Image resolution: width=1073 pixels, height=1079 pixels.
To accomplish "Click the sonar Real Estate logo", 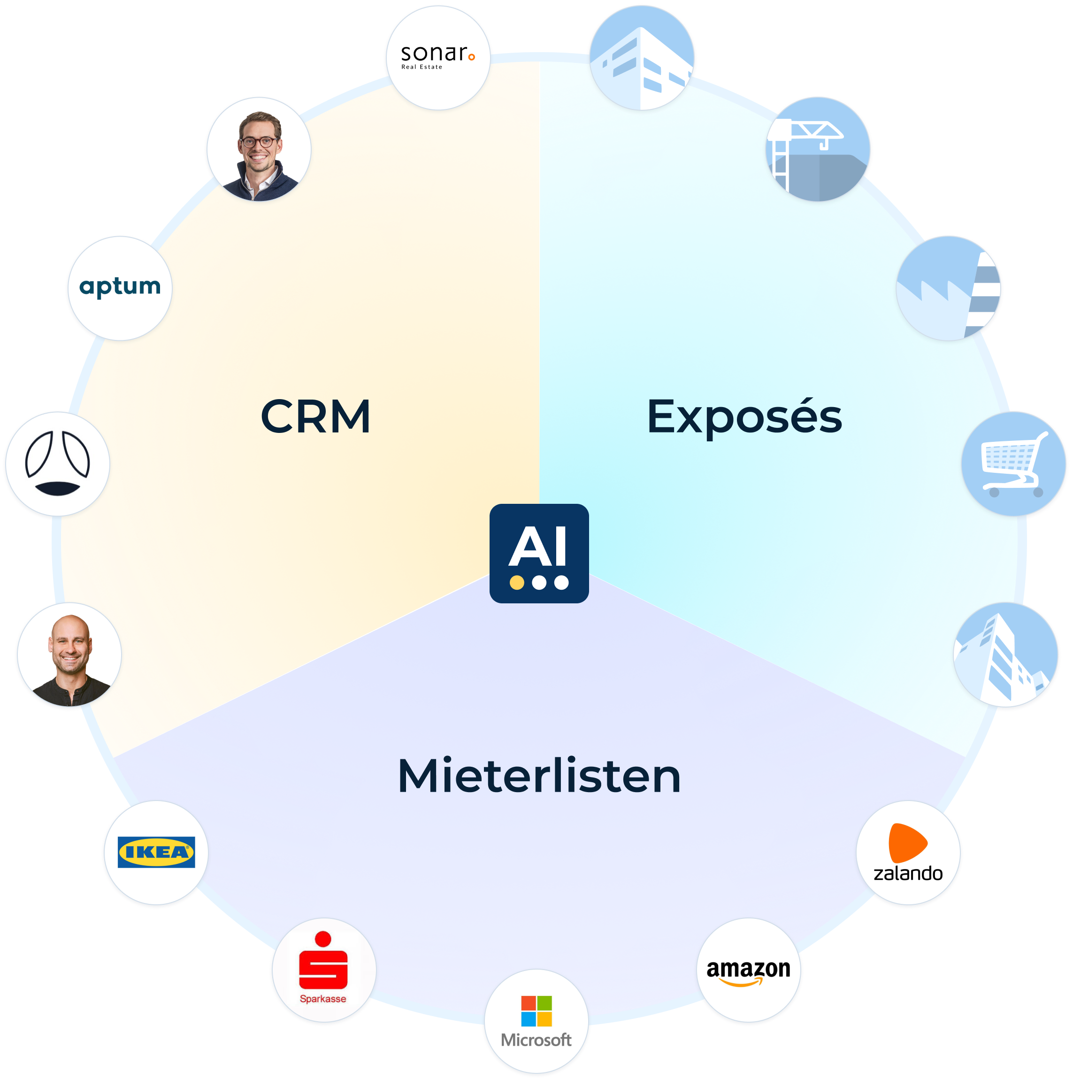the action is [437, 57].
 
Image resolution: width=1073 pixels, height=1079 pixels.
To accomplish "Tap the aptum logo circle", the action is [120, 287].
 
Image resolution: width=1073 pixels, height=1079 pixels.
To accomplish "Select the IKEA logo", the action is [156, 852].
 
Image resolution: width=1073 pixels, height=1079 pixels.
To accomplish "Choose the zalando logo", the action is [908, 853].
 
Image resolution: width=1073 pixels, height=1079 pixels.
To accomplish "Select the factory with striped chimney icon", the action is [950, 288].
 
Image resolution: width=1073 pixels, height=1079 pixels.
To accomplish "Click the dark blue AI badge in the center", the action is [539, 553].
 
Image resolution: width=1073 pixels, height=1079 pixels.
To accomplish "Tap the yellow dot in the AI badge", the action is [517, 583].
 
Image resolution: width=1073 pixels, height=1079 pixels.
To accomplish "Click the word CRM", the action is [315, 416].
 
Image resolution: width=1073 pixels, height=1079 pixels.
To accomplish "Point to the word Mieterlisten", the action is [539, 776].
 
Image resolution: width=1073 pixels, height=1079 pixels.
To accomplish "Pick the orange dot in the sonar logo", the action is [472, 57].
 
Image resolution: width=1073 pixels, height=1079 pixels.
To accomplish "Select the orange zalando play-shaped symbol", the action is [907, 841].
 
